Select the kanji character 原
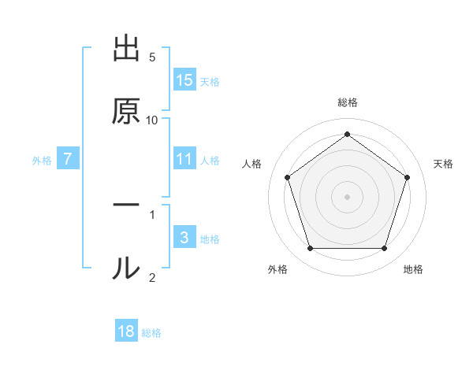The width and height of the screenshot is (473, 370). (126, 112)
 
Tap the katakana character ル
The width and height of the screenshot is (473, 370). (126, 268)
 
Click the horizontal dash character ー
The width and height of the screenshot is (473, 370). (126, 205)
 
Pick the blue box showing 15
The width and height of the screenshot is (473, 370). (184, 80)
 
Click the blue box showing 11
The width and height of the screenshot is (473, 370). (184, 159)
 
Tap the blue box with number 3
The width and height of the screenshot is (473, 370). (184, 237)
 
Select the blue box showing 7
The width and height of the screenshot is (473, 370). (68, 159)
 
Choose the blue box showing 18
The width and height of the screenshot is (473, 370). (126, 331)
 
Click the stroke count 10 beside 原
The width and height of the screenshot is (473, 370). (152, 120)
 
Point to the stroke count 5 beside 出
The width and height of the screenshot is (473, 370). (152, 57)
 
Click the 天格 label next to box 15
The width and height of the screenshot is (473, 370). (210, 81)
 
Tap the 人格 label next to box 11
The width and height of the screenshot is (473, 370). (210, 161)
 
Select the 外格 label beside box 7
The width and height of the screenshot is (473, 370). (42, 161)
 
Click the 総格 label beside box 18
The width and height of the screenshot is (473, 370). (151, 333)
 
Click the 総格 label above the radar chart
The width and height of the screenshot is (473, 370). (348, 102)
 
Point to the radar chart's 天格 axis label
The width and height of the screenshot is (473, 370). (444, 164)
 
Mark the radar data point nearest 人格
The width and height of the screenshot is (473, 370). (287, 177)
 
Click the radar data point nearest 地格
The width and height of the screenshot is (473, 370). (385, 249)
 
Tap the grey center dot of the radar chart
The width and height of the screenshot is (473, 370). (347, 196)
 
